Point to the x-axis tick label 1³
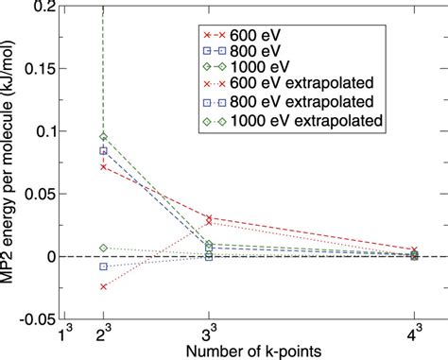(x=64, y=334)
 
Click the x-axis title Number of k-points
(x=243, y=350)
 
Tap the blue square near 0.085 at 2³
(x=103, y=150)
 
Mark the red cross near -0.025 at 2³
(x=103, y=286)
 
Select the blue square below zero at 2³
(x=103, y=266)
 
